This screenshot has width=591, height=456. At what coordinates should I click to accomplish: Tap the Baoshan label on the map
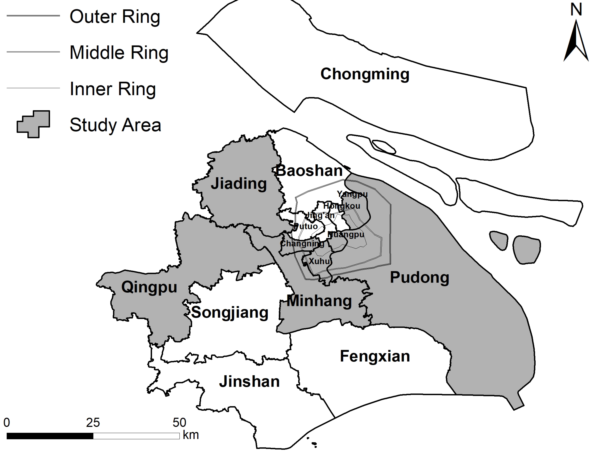[x=309, y=171]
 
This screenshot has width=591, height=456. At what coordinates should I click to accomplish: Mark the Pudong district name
[x=419, y=277]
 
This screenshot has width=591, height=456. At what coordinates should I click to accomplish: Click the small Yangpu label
[x=352, y=194]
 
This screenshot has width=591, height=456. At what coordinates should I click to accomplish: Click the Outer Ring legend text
[x=115, y=17]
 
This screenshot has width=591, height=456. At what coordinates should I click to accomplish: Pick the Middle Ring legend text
[x=119, y=52]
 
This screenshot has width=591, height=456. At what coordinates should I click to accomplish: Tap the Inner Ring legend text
[x=113, y=89]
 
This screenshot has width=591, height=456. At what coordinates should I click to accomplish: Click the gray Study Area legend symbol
[x=34, y=124]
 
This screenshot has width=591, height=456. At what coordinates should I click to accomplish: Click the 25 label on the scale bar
[x=93, y=422]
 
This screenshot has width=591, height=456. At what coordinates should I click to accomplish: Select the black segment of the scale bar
[x=50, y=436]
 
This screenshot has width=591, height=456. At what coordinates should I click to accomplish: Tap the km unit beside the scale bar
[x=191, y=435]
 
